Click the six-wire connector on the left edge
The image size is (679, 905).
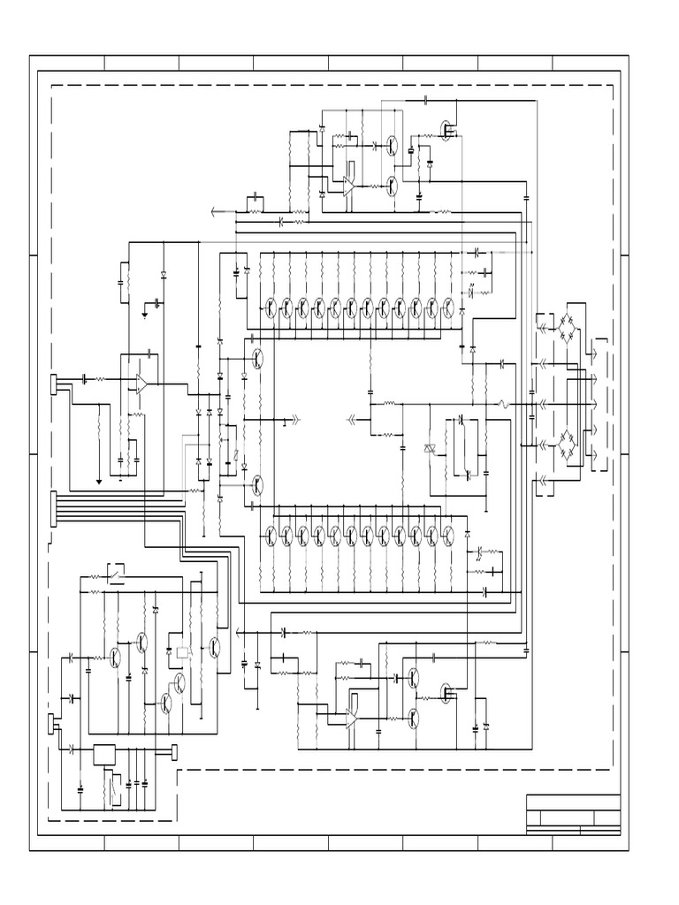tap(55, 508)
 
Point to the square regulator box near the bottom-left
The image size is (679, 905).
tap(104, 755)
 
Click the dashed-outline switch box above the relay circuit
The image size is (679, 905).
tap(116, 572)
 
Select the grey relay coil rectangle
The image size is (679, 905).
tap(183, 652)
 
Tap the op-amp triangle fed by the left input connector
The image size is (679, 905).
tap(141, 383)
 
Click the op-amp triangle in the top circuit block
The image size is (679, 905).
tap(349, 185)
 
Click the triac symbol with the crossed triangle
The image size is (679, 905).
tap(431, 450)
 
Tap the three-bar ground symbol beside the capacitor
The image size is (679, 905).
tap(144, 312)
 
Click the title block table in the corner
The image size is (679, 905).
tap(573, 814)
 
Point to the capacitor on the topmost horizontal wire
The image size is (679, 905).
tap(426, 101)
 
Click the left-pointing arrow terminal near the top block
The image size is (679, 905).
tap(215, 211)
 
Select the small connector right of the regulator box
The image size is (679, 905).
tap(173, 752)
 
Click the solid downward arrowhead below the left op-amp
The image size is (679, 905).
tap(98, 482)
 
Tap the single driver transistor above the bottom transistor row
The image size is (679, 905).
tap(256, 485)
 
